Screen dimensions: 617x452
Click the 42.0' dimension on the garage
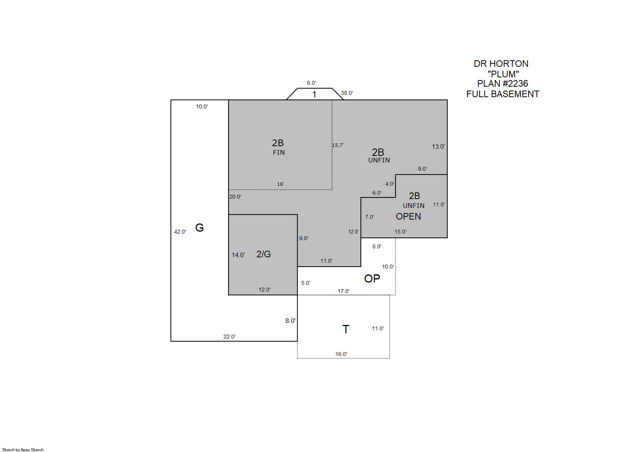[180, 232]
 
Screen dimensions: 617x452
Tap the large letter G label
[199, 228]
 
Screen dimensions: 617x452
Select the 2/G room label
[264, 254]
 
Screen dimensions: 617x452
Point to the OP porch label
[372, 279]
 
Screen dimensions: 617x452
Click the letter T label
[346, 329]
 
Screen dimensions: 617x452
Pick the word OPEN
[408, 216]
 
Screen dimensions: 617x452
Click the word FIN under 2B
[279, 153]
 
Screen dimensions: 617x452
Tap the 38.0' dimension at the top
[347, 93]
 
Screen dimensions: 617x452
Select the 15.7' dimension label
[338, 145]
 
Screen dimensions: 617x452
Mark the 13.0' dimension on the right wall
[438, 147]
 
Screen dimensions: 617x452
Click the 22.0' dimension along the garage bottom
[229, 337]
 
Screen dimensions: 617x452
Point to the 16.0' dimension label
[341, 354]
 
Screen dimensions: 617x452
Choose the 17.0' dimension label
[344, 291]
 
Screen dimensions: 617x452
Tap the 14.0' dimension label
[238, 255]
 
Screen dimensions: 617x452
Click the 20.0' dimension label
[235, 197]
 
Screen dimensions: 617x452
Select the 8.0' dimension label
[290, 321]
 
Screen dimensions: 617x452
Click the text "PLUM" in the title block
[503, 74]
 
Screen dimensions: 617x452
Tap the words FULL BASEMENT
[503, 94]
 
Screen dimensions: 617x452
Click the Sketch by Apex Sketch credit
[23, 450]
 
